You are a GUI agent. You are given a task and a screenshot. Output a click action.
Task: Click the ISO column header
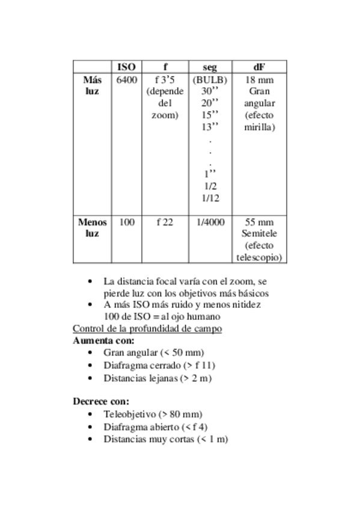pos(126,67)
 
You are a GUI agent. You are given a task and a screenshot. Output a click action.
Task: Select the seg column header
pos(210,67)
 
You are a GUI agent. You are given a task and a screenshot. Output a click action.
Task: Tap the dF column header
pos(259,67)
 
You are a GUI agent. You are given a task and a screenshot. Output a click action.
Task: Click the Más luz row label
pos(92,85)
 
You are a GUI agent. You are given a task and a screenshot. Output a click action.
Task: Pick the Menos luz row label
pos(92,227)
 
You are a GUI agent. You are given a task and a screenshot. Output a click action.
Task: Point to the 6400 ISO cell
pos(126,79)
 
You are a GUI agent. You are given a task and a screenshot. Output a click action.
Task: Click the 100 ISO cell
pos(126,222)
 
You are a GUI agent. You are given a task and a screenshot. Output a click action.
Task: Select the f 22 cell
pos(165,222)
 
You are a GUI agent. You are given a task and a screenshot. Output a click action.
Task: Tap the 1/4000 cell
pos(210,222)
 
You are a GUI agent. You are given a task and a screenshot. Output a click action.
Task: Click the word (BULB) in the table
pos(210,79)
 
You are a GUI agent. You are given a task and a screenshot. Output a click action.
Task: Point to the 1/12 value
pos(210,197)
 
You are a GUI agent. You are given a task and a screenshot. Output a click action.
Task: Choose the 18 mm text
pos(260,79)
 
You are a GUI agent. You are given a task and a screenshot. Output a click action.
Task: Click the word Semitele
pos(260,233)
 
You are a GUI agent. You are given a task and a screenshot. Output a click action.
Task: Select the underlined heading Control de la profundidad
pos(147,328)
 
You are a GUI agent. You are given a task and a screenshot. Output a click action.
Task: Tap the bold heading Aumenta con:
pos(103,340)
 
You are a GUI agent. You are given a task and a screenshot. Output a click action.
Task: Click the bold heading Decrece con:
pos(101,401)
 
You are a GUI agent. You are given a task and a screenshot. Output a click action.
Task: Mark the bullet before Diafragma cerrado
pos(90,366)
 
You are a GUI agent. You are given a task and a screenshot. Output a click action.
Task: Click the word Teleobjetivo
pos(130,414)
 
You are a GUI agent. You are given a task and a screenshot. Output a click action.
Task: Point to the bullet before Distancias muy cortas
pos(90,440)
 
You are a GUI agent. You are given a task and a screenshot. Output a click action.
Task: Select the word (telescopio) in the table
pos(260,257)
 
